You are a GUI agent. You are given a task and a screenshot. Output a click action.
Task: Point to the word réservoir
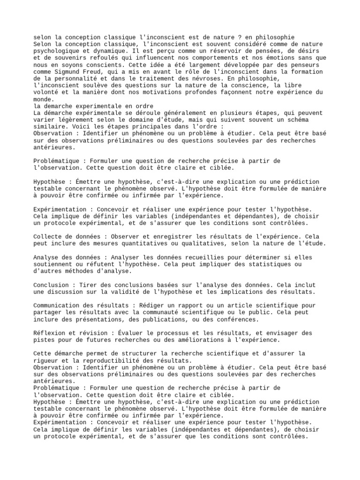203,51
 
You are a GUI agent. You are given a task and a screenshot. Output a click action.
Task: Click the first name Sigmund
63,71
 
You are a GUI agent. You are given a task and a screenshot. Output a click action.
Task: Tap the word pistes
45,340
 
